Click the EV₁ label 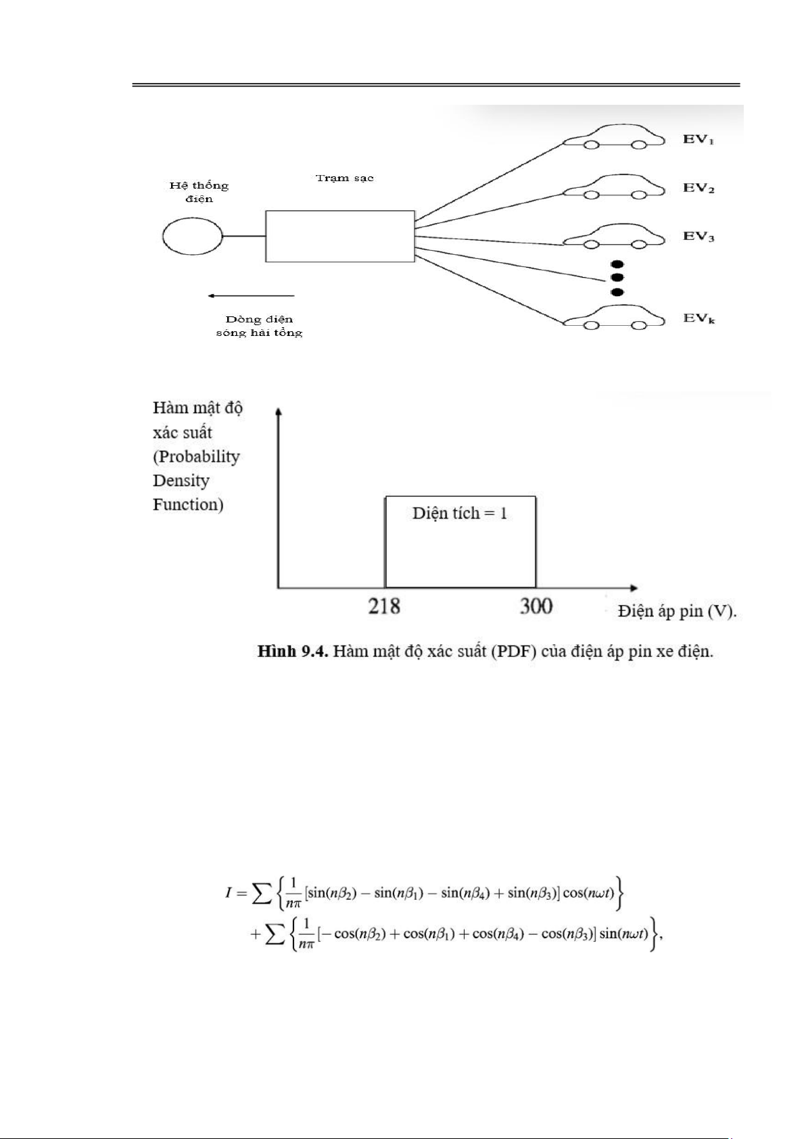click(698, 139)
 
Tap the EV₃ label click(698, 237)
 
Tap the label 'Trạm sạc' click(345, 178)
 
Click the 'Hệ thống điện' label click(199, 192)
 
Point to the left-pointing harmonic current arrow click(251, 295)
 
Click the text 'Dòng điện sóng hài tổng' click(260, 326)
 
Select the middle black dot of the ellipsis click(617, 278)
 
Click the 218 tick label click(384, 606)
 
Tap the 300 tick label click(536, 606)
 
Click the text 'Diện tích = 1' click(460, 513)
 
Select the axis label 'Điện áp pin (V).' click(678, 611)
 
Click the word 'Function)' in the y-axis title click(188, 504)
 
